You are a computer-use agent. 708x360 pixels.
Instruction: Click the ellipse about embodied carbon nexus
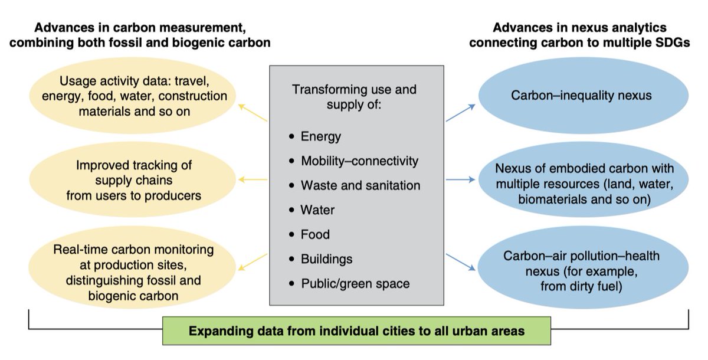(x=584, y=184)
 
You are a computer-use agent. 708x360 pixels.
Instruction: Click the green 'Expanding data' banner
(x=356, y=330)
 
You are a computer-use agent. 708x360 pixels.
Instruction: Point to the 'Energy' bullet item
(x=320, y=137)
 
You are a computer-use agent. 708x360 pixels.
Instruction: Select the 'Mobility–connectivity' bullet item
(x=359, y=161)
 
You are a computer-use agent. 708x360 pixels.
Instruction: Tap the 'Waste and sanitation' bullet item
(x=360, y=185)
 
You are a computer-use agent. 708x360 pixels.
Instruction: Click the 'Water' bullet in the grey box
(x=317, y=210)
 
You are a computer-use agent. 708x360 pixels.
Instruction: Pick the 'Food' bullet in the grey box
(x=315, y=234)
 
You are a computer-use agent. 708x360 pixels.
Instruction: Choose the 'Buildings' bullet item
(x=326, y=259)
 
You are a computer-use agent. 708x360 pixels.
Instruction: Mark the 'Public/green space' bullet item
(x=355, y=283)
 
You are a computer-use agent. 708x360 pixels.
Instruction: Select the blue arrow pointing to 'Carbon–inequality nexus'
(x=460, y=113)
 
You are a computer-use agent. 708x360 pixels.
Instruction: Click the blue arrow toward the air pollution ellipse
(x=460, y=261)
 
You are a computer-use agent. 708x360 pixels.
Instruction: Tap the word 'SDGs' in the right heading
(x=673, y=42)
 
